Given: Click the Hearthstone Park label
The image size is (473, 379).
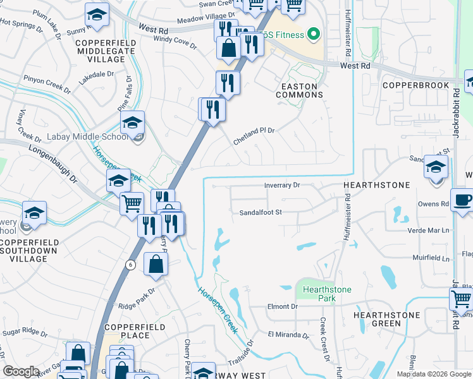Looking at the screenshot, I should pyautogui.click(x=326, y=294).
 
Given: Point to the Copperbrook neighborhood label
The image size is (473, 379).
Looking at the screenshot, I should pyautogui.click(x=415, y=85).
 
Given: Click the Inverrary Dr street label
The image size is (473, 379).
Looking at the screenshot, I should pyautogui.click(x=281, y=185).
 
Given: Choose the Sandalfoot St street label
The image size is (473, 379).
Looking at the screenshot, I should pyautogui.click(x=260, y=213).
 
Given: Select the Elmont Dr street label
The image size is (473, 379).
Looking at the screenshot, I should pyautogui.click(x=282, y=306).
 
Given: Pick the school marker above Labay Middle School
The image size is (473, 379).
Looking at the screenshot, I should pyautogui.click(x=133, y=122).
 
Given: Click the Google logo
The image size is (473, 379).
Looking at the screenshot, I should pyautogui.click(x=21, y=371).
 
